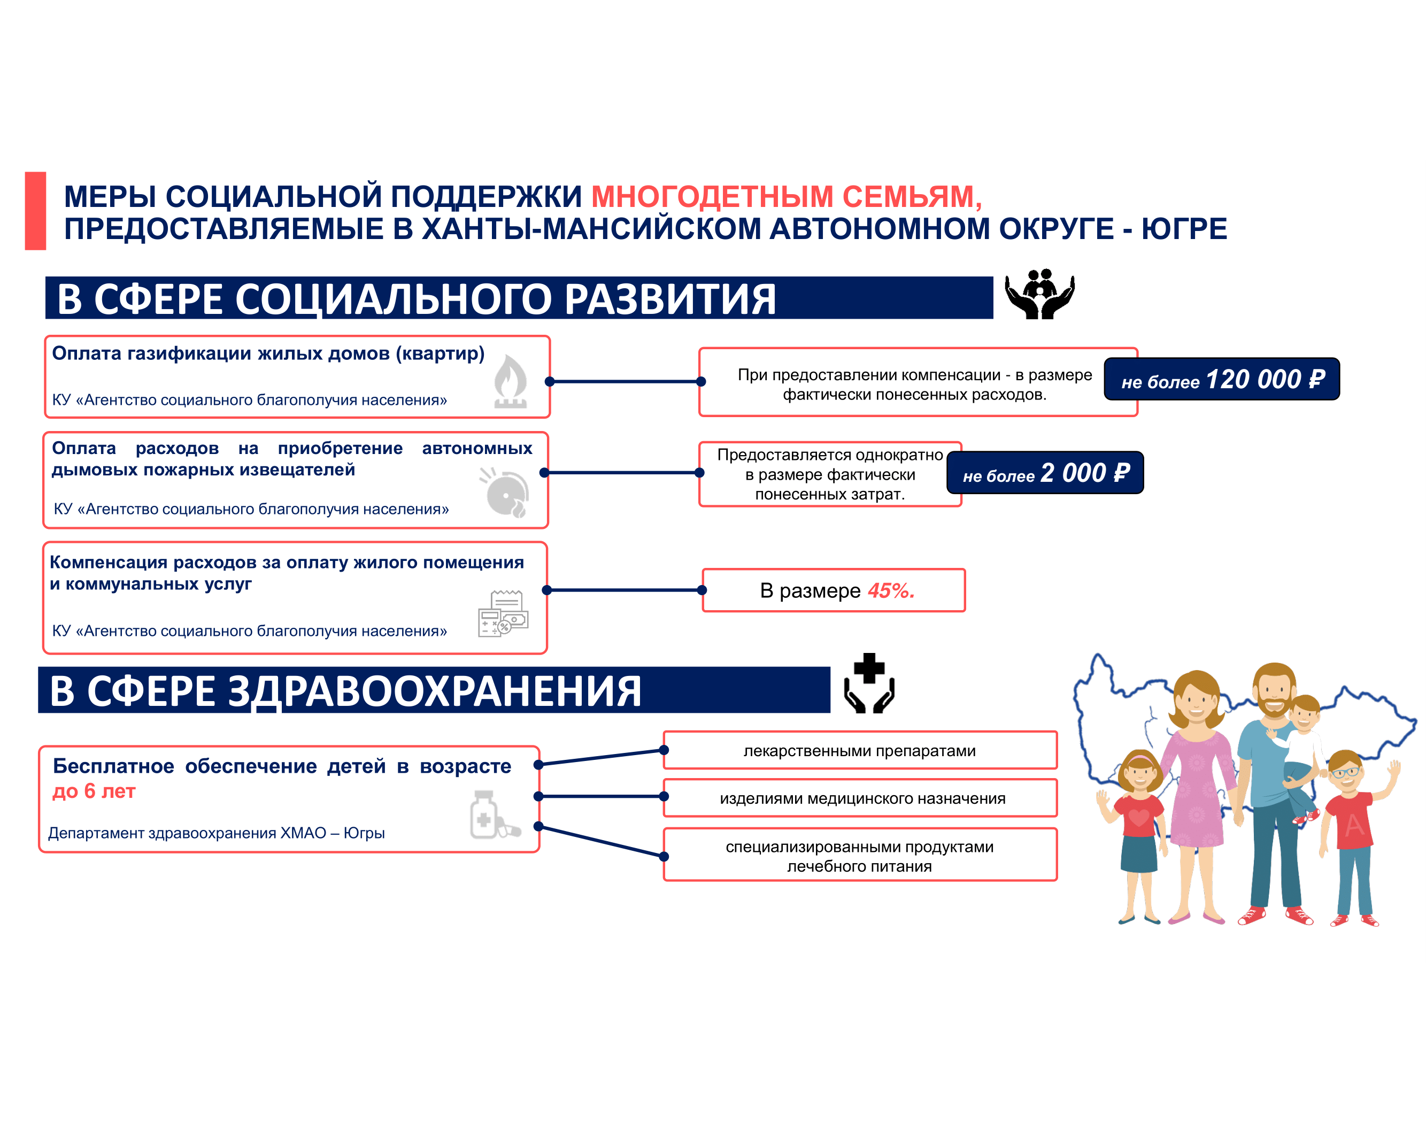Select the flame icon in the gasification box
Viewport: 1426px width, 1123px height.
tap(510, 381)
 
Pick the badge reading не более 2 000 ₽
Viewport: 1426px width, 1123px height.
tap(1045, 472)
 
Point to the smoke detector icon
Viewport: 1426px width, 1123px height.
tap(505, 493)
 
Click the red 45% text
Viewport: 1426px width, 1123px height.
tap(891, 590)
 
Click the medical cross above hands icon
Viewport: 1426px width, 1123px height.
tap(869, 683)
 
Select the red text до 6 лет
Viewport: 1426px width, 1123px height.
tap(94, 791)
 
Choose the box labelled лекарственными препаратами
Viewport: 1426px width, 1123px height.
tap(860, 750)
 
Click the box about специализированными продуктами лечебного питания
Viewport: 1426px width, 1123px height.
tap(860, 855)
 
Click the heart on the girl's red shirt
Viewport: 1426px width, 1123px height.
tap(1139, 819)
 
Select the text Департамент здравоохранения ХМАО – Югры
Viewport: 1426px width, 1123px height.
tap(217, 833)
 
